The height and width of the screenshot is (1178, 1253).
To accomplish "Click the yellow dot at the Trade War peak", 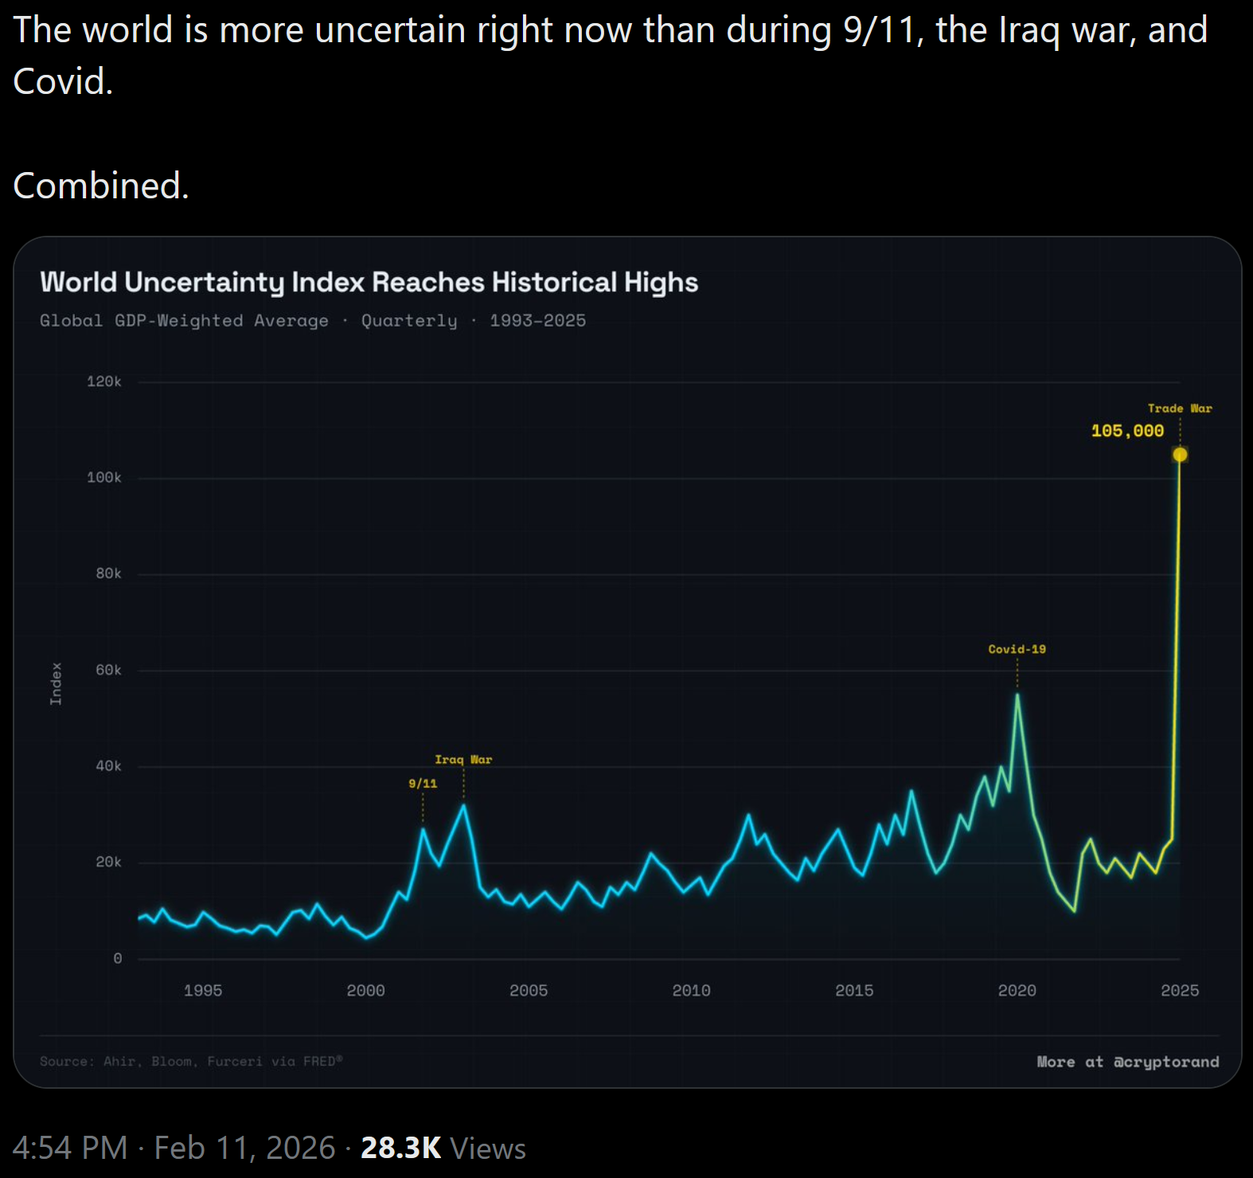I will pyautogui.click(x=1180, y=455).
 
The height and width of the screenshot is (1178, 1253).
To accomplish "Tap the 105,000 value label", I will pyautogui.click(x=1127, y=431).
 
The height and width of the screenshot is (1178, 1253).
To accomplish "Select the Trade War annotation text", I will pyautogui.click(x=1180, y=409).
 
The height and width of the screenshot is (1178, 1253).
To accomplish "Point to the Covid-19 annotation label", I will pyautogui.click(x=1017, y=649).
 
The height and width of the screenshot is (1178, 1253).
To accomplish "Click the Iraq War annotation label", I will pyautogui.click(x=463, y=760).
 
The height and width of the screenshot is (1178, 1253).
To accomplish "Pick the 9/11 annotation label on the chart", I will pyautogui.click(x=423, y=784).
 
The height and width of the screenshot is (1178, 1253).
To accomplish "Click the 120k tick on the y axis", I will pyautogui.click(x=104, y=382).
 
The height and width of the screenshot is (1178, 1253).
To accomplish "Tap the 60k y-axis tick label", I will pyautogui.click(x=108, y=670).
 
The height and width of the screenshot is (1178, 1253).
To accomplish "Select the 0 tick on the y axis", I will pyautogui.click(x=118, y=958).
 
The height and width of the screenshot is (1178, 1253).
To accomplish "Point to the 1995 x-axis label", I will pyautogui.click(x=203, y=990).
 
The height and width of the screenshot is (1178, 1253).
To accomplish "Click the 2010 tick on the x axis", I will pyautogui.click(x=691, y=990).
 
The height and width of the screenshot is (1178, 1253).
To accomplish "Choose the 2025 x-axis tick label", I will pyautogui.click(x=1180, y=990).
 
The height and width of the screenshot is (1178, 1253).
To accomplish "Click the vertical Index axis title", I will pyautogui.click(x=56, y=683).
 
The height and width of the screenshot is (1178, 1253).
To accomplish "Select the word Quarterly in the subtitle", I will pyautogui.click(x=409, y=320).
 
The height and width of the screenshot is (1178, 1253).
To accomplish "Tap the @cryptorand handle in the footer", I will pyautogui.click(x=1166, y=1062).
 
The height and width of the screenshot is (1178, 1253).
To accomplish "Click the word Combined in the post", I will pyautogui.click(x=99, y=186).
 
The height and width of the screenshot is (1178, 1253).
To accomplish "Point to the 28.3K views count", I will pyautogui.click(x=400, y=1148).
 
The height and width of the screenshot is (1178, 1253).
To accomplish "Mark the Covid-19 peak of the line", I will pyautogui.click(x=1017, y=695).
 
